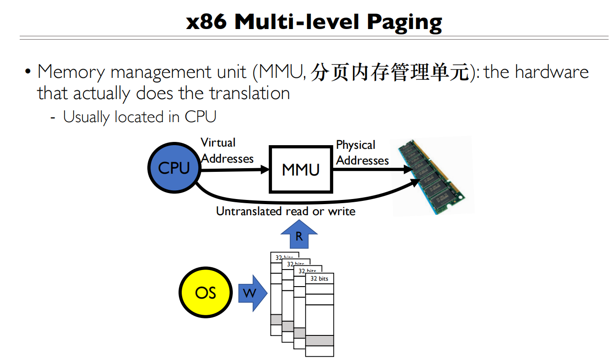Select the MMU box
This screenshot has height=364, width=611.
click(300, 170)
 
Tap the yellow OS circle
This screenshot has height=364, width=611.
click(205, 293)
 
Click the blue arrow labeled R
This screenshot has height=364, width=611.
click(299, 235)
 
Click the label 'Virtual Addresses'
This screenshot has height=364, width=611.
click(227, 151)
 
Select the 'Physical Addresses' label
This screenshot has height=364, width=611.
click(362, 153)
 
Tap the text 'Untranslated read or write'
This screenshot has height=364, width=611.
click(286, 211)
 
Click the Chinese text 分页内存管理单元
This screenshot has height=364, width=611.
click(389, 72)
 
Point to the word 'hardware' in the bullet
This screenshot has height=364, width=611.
click(552, 72)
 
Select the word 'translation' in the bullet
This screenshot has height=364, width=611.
click(249, 94)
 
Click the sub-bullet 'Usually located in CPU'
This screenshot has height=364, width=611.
click(139, 117)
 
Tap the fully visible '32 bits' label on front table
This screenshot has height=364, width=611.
click(319, 279)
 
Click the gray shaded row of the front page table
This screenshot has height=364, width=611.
click(319, 341)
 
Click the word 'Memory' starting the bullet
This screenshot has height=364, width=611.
click(72, 72)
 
